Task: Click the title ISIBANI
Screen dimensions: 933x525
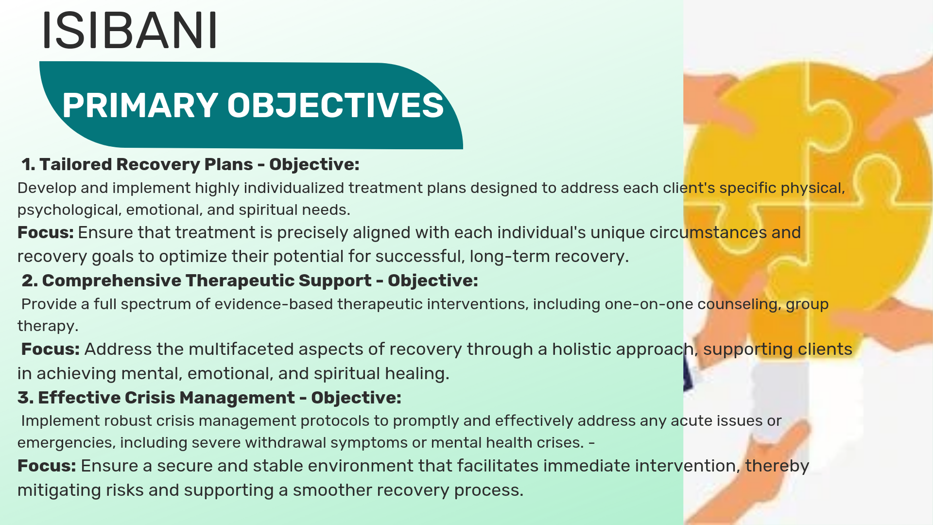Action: point(130,30)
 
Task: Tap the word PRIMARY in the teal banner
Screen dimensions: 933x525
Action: point(140,105)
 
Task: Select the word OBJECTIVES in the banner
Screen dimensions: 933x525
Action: point(335,105)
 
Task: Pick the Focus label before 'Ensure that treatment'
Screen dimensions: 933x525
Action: point(45,232)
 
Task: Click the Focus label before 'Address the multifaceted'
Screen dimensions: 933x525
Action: point(51,349)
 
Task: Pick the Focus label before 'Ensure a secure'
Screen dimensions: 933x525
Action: point(47,466)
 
